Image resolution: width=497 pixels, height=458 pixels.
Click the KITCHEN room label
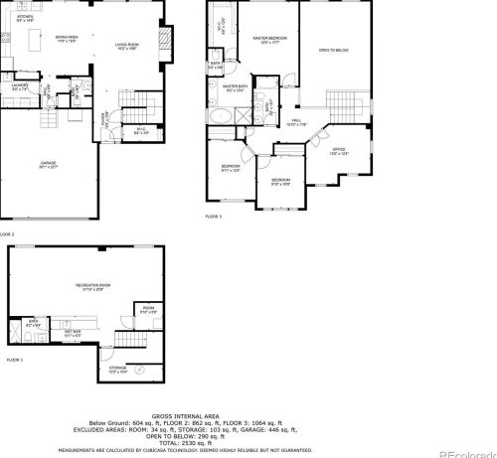pos(25,18)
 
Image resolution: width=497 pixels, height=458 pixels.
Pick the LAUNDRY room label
pos(19,86)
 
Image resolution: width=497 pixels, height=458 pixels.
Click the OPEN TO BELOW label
pos(333,50)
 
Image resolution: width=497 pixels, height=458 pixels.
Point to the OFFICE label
pos(340,151)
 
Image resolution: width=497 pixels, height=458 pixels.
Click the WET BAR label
pos(72,333)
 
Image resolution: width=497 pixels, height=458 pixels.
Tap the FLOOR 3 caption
pos(214,216)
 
